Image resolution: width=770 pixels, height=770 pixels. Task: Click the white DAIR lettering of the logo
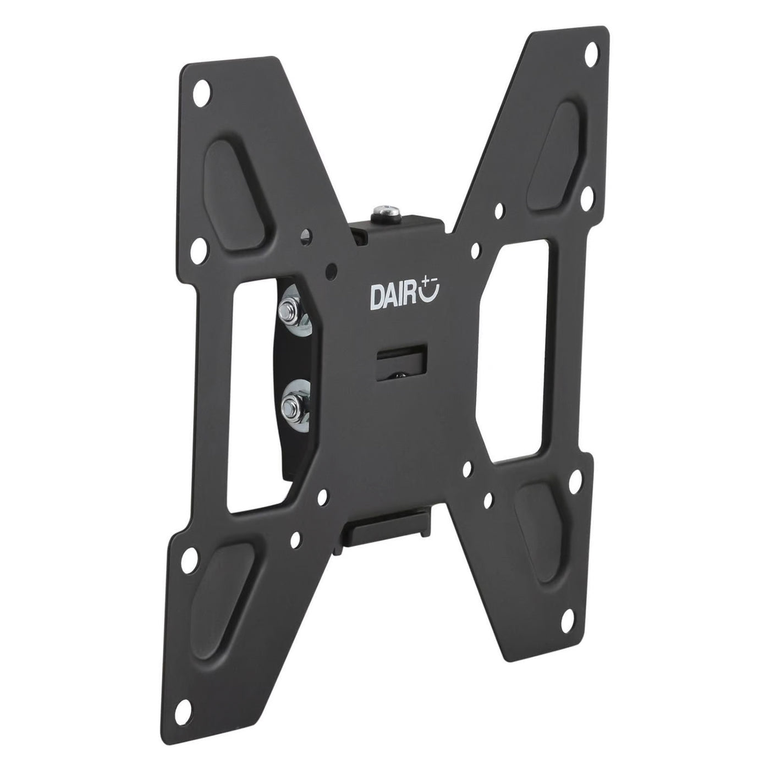pos(393,297)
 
